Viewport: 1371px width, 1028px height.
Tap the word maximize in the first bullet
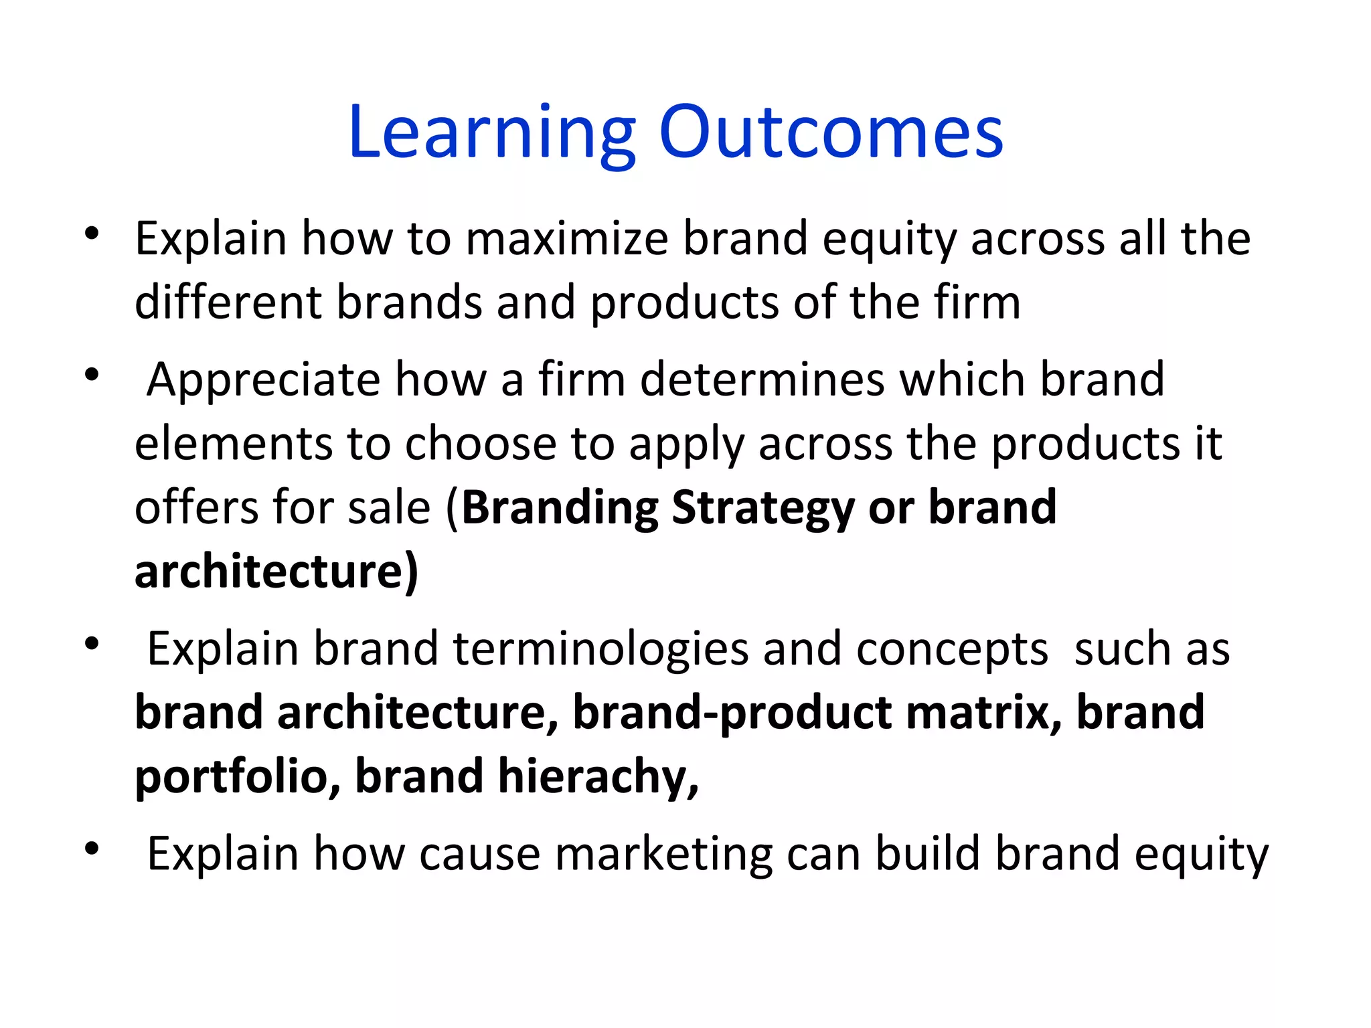pos(567,238)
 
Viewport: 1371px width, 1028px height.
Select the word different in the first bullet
pos(228,302)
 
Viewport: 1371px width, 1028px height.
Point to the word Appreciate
pos(263,380)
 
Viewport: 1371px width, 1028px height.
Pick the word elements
pos(234,444)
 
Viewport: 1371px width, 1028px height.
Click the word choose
pos(480,444)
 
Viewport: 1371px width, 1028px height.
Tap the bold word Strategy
pos(762,509)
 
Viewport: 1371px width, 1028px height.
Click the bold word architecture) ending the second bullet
pos(276,572)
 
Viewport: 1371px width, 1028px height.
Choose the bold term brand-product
pos(731,712)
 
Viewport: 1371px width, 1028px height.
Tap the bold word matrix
pos(983,712)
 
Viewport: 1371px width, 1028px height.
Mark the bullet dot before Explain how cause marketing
pos(92,849)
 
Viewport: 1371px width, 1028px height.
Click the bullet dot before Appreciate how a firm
pos(92,374)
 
